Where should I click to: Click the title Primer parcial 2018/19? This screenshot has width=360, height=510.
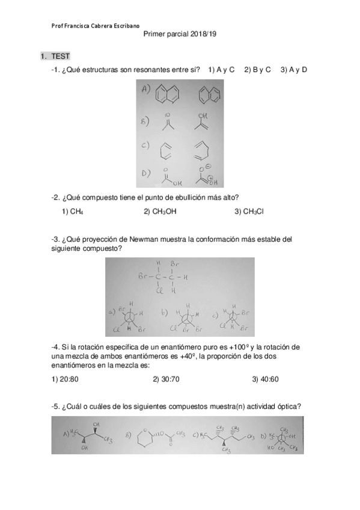click(180, 35)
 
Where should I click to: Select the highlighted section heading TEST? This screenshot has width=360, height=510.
click(60, 57)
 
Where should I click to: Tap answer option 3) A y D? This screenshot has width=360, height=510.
click(294, 70)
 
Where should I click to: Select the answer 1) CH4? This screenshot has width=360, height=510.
click(72, 211)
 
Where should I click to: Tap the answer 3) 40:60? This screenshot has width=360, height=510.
click(265, 379)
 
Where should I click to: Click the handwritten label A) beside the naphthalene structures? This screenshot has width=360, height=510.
click(146, 89)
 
